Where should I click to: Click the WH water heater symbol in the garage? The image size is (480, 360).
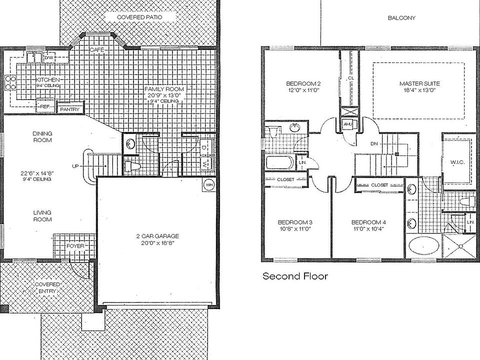[209, 184]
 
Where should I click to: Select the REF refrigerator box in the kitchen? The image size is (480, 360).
[45, 106]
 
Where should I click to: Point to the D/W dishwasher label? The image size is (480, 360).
[49, 58]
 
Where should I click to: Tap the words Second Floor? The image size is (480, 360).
[295, 276]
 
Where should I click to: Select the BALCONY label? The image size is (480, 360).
[401, 18]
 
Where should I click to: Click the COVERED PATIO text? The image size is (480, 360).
[139, 17]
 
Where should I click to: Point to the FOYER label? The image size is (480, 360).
[75, 246]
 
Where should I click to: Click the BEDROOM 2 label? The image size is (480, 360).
[303, 83]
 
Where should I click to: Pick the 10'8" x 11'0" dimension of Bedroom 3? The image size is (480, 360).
[295, 229]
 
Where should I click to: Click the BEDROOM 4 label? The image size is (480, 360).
[368, 222]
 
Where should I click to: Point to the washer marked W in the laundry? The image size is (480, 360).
[205, 164]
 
